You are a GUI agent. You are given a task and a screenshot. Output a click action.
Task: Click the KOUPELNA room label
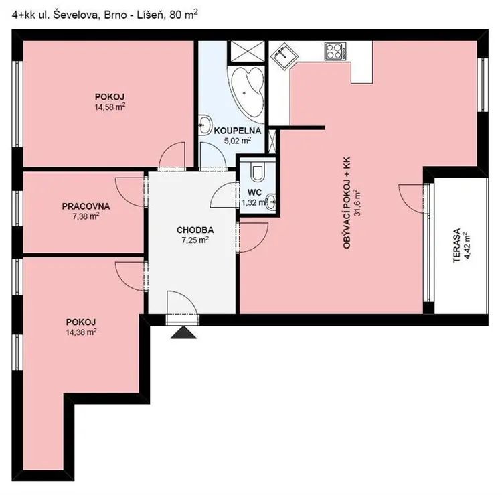237,131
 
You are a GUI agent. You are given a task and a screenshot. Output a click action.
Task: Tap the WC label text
254,192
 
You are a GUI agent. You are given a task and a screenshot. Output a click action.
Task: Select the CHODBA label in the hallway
195,230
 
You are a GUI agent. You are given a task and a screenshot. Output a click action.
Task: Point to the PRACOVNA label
86,206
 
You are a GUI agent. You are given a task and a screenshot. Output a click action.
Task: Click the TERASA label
457,245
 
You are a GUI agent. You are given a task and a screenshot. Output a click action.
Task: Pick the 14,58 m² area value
110,107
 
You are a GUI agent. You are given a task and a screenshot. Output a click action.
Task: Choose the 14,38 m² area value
81,332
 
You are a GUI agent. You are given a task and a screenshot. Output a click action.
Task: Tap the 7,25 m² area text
195,240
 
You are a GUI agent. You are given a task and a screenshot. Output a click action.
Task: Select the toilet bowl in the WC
257,171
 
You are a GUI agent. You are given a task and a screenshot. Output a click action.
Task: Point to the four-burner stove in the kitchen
335,52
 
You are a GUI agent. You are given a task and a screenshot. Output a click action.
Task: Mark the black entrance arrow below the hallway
183,332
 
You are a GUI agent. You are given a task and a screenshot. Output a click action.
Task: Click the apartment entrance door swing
183,303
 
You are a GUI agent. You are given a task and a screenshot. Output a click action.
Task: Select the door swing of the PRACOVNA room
131,192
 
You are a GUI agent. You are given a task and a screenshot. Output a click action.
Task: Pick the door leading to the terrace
412,198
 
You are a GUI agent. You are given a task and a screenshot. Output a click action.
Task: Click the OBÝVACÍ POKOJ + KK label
347,202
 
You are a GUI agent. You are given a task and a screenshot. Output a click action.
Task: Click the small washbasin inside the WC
271,202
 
